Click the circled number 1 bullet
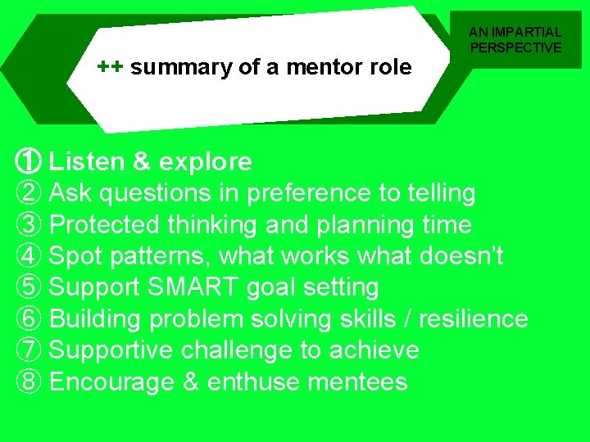point(29,161)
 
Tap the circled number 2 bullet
point(29,193)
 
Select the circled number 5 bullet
point(29,287)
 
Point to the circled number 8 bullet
point(29,382)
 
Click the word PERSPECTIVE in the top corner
point(515,47)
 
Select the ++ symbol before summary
point(111,66)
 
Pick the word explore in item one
point(206,162)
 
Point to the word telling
point(435,193)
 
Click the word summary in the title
point(181,67)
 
